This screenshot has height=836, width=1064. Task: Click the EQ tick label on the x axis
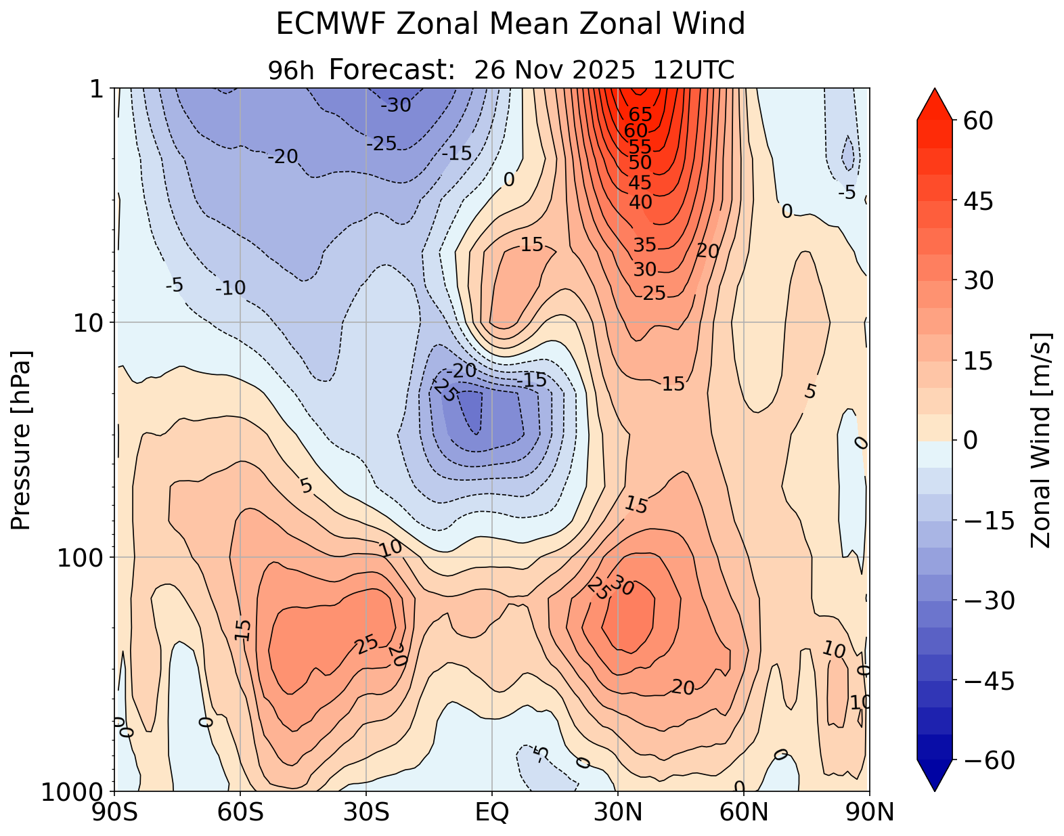(492, 812)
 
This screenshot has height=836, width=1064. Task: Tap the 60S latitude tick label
(240, 812)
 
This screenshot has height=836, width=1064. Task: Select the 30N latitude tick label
(618, 812)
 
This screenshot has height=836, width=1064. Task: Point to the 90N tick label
(869, 812)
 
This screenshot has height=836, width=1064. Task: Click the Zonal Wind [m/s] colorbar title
(1041, 440)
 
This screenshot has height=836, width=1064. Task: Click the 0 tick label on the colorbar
(969, 441)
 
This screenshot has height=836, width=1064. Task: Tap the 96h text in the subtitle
(291, 70)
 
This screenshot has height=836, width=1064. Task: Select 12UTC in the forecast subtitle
(694, 70)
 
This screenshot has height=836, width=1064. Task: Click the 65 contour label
(640, 114)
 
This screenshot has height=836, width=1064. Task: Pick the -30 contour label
(396, 106)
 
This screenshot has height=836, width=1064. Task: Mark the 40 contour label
(640, 202)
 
